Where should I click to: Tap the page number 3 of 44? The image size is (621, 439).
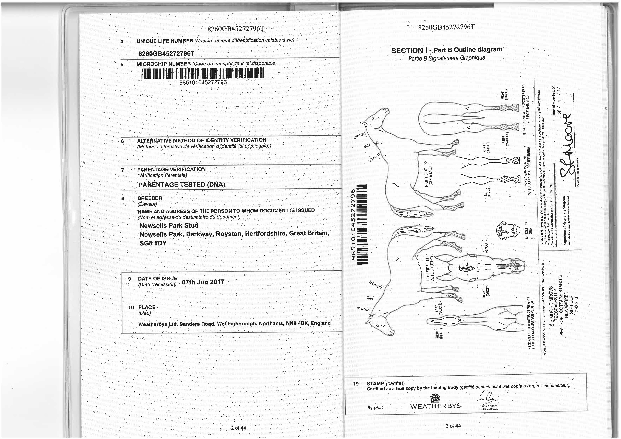click(453, 425)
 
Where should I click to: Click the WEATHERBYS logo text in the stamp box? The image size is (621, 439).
click(435, 406)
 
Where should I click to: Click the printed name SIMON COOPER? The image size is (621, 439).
click(488, 406)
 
